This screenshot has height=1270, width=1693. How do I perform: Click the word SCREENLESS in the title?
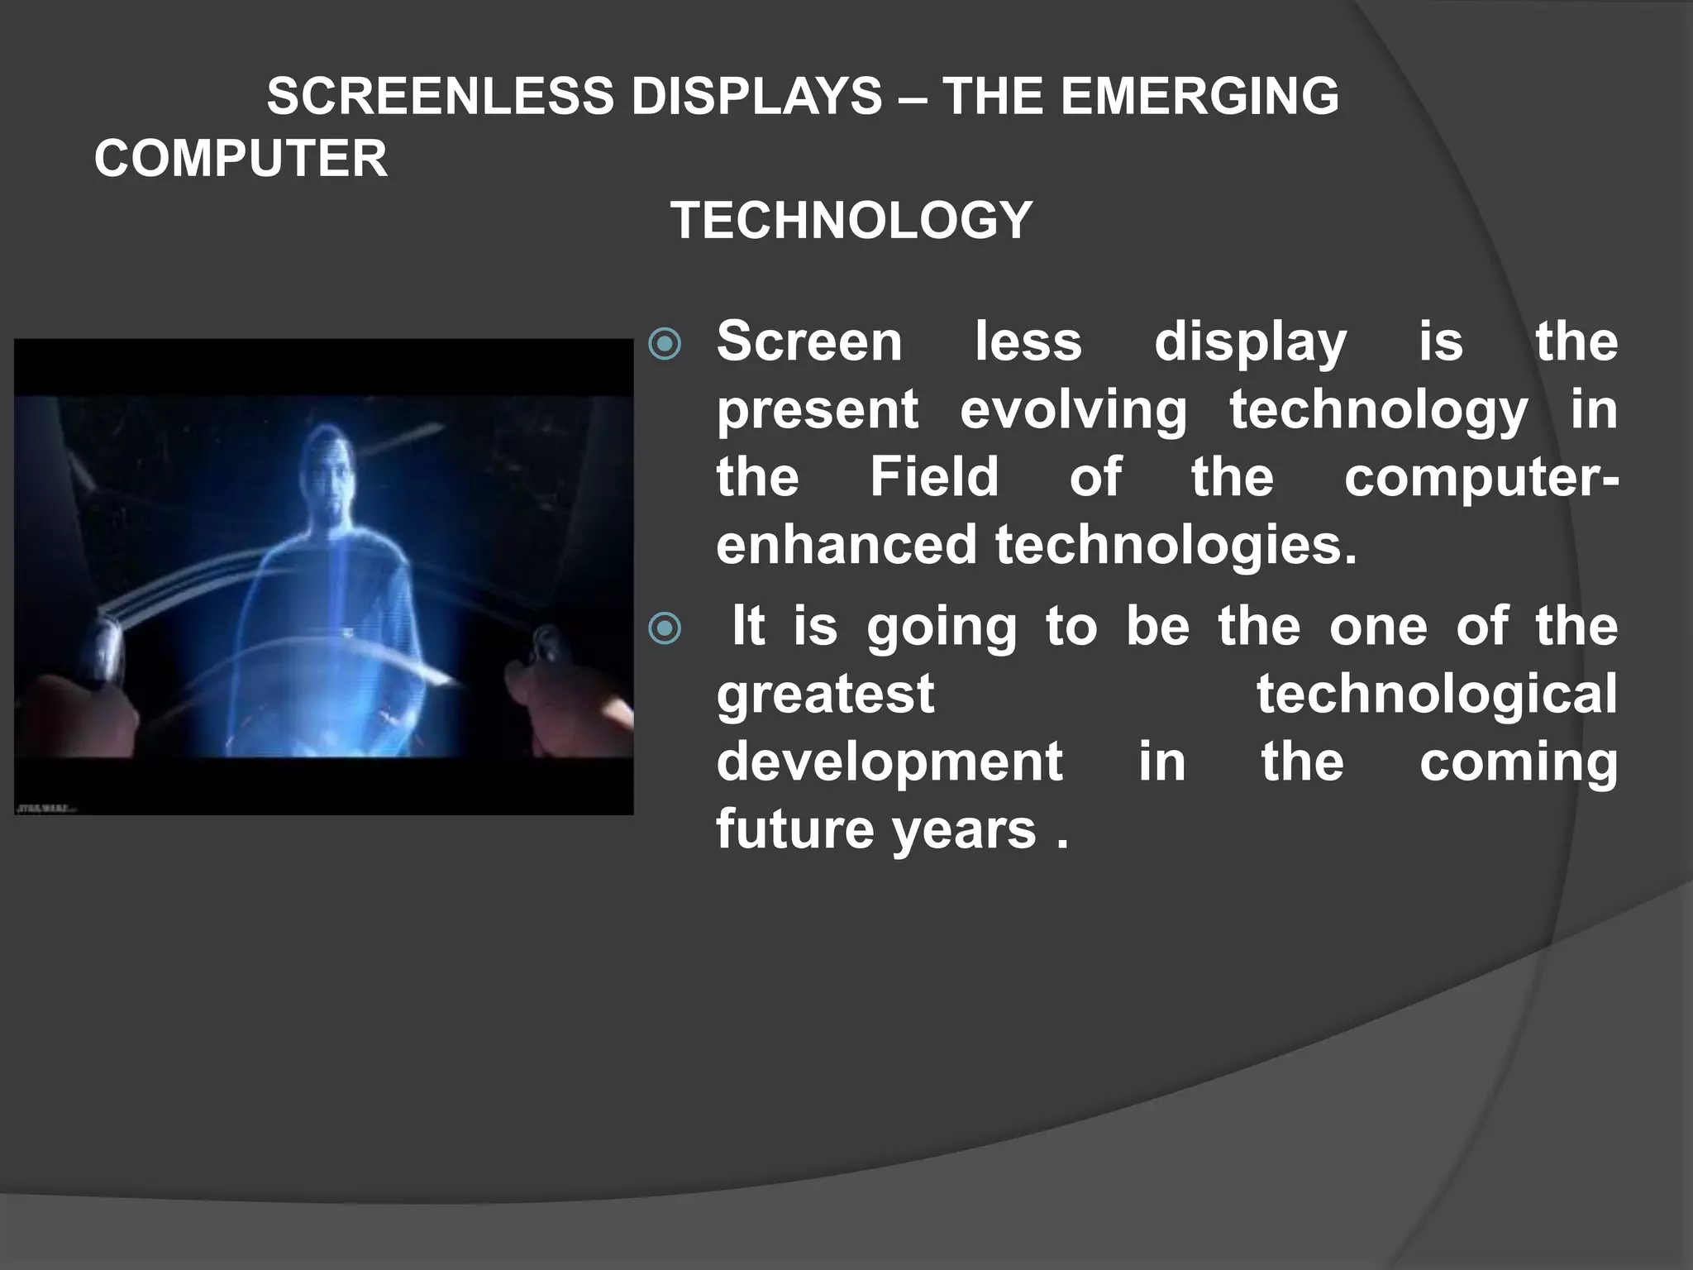click(440, 96)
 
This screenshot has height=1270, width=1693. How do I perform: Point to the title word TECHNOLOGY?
click(851, 221)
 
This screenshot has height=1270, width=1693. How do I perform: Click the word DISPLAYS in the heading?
click(756, 96)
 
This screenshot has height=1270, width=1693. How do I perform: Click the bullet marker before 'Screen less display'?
click(665, 344)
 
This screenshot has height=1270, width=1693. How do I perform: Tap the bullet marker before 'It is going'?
click(665, 628)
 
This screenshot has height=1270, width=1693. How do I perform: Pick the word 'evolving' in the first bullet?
click(1073, 410)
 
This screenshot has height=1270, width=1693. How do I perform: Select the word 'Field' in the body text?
click(934, 477)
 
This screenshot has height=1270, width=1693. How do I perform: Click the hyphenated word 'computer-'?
click(1481, 479)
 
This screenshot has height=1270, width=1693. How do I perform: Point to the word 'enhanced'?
click(846, 545)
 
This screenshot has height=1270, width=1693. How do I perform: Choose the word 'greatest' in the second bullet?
click(825, 695)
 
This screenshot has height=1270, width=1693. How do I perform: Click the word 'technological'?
click(1437, 695)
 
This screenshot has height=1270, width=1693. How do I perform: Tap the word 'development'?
click(889, 762)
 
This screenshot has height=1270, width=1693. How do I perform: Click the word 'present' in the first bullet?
click(817, 410)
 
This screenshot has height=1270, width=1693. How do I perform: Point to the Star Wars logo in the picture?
click(46, 805)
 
